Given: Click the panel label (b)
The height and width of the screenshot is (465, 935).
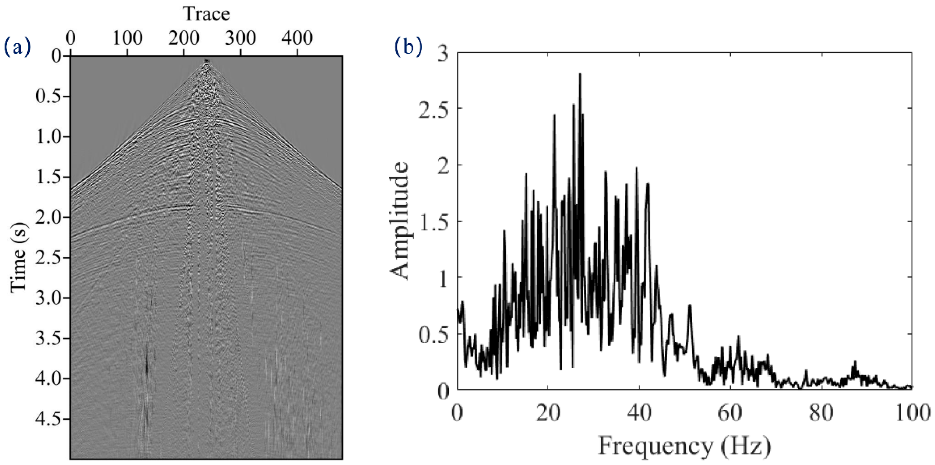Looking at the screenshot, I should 409,47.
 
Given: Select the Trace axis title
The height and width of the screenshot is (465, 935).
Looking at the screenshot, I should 207,15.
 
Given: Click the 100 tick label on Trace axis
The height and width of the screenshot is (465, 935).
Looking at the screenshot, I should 127,38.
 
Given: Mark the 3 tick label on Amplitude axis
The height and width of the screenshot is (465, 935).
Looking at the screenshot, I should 444,53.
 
